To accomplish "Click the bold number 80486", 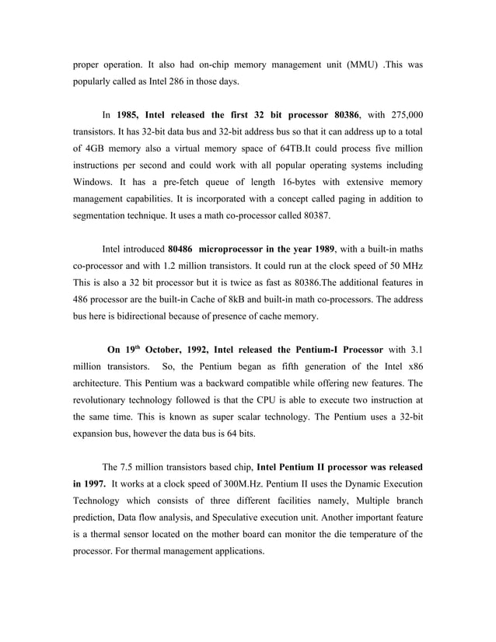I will pyautogui.click(x=181, y=249).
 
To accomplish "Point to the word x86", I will pyautogui.click(x=415, y=365).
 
